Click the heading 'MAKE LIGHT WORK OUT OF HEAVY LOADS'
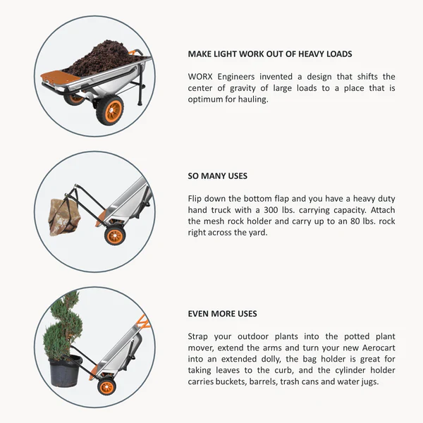coord(270,54)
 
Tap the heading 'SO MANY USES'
coord(217,176)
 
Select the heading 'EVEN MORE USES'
coord(222,314)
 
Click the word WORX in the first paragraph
coord(200,77)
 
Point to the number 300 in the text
coord(272,210)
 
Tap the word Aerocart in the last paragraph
coord(379,348)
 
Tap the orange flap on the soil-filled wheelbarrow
coord(61,76)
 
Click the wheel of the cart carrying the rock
coord(115,235)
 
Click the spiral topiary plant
coord(63,326)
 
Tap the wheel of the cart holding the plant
coord(107,387)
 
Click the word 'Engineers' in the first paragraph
coord(236,77)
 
